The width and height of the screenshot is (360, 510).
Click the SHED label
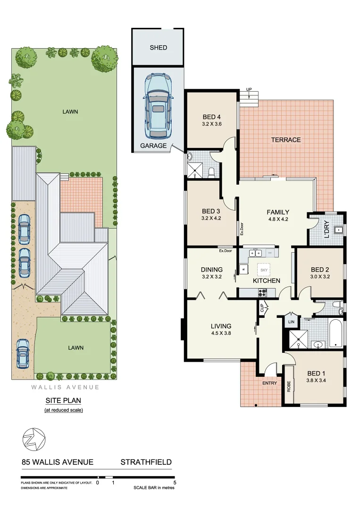click(x=158, y=48)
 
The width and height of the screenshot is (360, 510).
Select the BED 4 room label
click(x=212, y=117)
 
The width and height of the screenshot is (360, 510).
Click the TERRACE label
click(x=285, y=140)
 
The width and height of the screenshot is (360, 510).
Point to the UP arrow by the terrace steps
click(x=249, y=90)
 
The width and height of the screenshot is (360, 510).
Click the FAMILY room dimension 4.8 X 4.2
click(x=278, y=219)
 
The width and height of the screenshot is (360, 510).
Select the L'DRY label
click(x=326, y=229)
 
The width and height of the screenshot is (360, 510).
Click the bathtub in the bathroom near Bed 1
click(x=334, y=333)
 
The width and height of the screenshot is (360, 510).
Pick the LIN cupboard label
click(x=291, y=321)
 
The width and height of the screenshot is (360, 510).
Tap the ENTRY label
click(x=269, y=383)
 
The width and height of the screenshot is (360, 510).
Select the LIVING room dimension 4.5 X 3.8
click(x=221, y=333)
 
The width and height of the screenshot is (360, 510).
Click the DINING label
click(x=212, y=270)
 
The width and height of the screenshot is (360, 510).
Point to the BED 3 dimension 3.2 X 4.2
click(x=211, y=218)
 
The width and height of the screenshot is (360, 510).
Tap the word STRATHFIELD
click(x=146, y=462)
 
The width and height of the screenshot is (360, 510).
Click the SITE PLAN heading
click(x=63, y=400)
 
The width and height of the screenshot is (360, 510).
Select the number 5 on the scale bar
click(x=175, y=483)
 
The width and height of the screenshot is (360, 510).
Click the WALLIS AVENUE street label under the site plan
click(x=65, y=387)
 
